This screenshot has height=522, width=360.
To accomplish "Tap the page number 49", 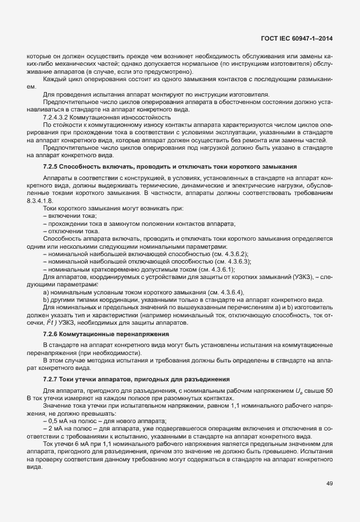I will point(330,484).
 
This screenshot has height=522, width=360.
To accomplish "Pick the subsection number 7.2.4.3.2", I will point(58,117).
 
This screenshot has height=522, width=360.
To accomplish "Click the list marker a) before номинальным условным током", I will point(45,292).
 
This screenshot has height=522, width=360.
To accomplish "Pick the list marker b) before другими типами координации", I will point(45,300).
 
